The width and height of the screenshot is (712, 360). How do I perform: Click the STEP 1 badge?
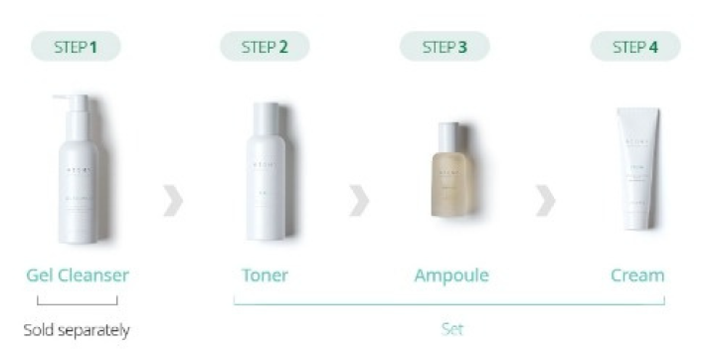point(77,46)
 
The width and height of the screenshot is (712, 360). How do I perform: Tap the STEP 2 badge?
point(265,46)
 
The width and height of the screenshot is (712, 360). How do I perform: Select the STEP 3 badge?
point(445,46)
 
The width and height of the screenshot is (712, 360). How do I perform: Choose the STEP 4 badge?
point(635,46)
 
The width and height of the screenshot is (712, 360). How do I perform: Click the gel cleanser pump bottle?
point(78,174)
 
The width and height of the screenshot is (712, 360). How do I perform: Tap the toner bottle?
point(266,174)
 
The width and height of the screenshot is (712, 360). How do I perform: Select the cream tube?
point(636,169)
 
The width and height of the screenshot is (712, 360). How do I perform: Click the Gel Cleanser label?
point(78,274)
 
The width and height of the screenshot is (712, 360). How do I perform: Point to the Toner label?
point(265,274)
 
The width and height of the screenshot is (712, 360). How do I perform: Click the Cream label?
point(637,274)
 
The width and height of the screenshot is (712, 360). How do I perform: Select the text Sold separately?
point(77,329)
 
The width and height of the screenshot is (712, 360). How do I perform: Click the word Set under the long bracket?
point(451,327)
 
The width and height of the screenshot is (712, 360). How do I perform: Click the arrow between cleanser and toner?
point(173,200)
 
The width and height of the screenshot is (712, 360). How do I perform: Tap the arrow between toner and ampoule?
point(359,200)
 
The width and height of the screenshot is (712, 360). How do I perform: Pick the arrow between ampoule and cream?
point(545,200)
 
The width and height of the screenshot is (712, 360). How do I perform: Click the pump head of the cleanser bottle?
point(74,101)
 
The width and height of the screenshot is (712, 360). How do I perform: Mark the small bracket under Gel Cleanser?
point(77,300)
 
